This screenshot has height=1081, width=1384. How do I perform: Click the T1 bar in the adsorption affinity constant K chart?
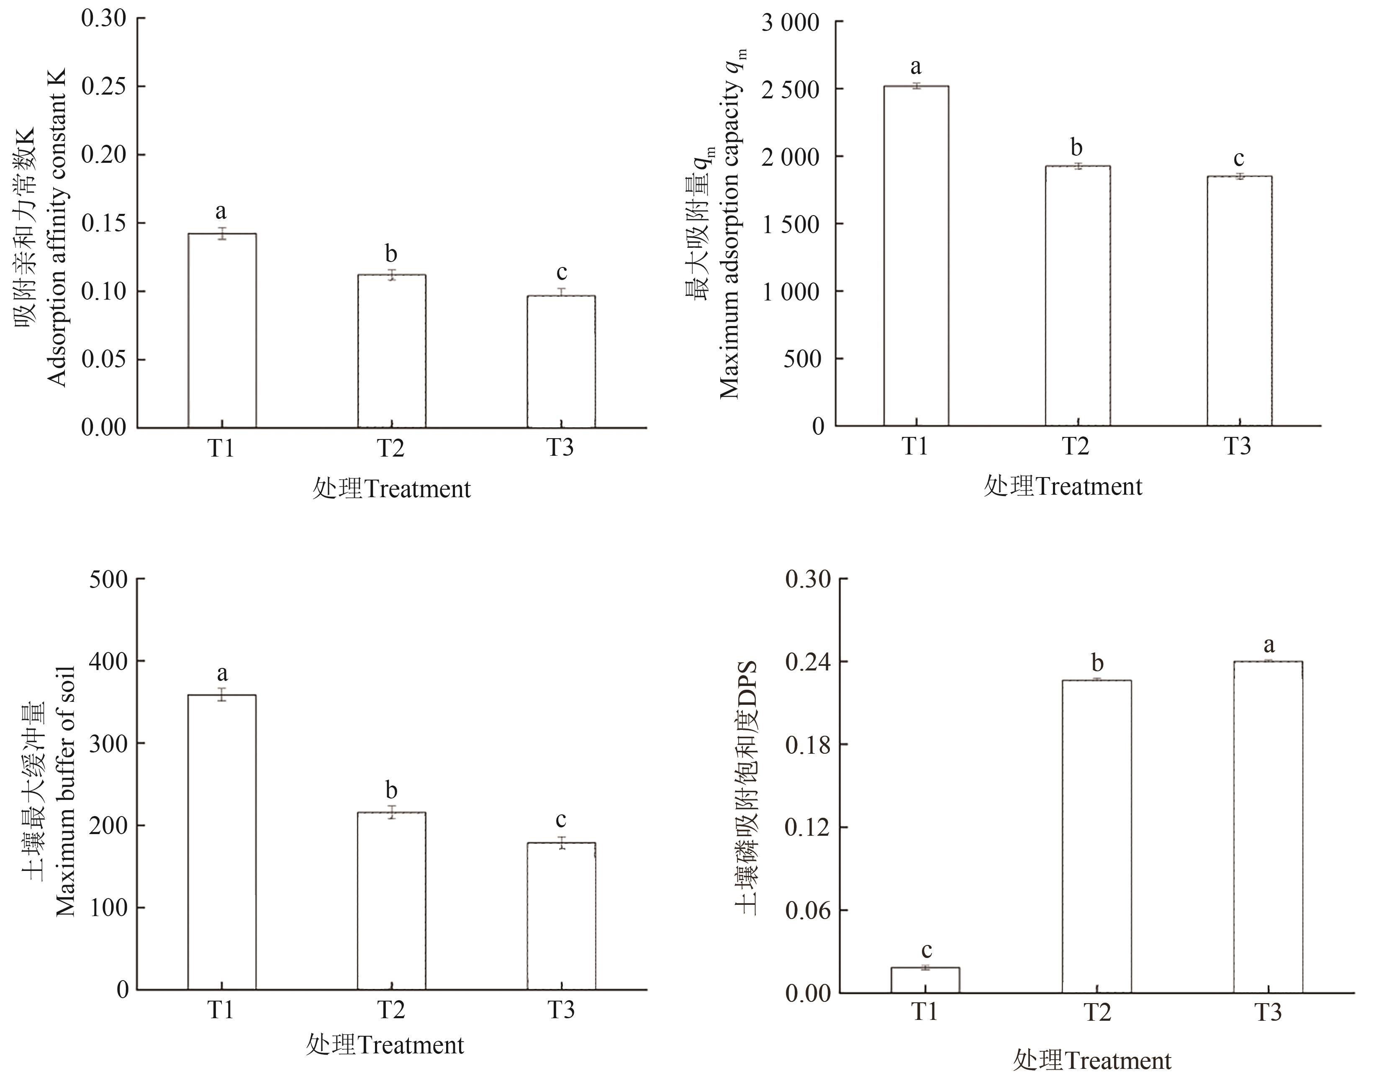tap(222, 330)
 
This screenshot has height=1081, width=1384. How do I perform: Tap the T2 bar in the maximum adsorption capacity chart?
tap(1077, 295)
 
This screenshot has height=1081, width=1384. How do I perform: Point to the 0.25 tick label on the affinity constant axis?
tap(104, 87)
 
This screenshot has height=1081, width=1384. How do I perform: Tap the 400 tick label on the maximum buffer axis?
tap(108, 661)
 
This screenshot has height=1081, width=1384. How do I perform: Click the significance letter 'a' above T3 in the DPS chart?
tap(1268, 645)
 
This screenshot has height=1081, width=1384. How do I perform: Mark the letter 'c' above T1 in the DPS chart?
tap(927, 950)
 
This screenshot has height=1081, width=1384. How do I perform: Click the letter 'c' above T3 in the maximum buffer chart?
tap(561, 820)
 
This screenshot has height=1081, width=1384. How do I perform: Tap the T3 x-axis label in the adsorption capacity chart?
tap(1238, 446)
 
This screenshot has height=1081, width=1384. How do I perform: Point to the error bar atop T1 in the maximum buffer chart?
tap(222, 694)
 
